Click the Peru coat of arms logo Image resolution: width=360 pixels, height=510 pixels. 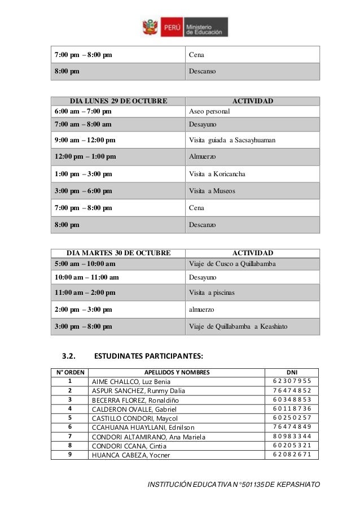point(150,27)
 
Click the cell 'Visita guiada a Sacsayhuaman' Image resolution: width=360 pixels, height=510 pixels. point(232,140)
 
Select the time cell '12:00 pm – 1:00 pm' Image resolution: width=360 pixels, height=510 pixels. point(84,156)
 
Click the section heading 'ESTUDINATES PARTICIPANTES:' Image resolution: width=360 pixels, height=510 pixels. point(148,356)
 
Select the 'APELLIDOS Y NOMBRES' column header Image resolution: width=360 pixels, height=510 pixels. point(177,372)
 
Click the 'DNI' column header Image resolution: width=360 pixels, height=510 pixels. point(292,372)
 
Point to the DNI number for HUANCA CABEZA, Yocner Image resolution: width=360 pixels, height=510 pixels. point(292,455)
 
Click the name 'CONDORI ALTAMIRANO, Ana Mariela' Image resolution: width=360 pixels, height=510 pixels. point(148,437)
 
